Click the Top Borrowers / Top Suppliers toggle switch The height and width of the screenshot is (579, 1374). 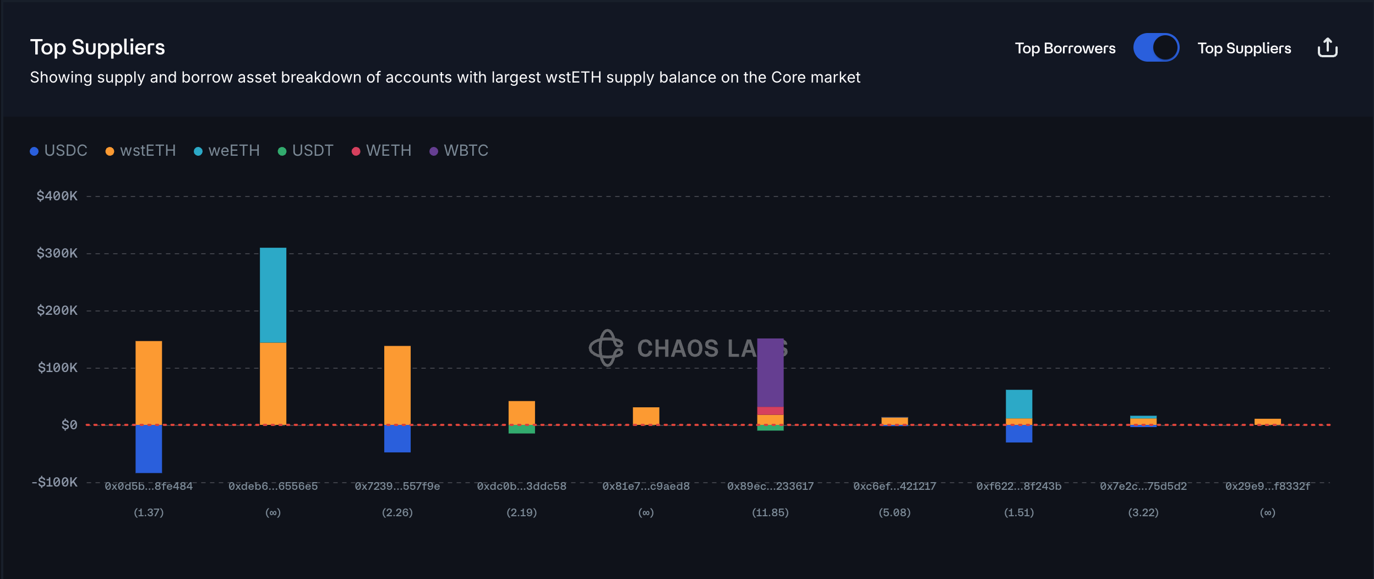coord(1155,48)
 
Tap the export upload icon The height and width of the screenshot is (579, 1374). coord(1327,48)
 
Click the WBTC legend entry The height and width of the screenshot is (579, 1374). coord(459,151)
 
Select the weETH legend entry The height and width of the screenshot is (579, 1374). coord(227,151)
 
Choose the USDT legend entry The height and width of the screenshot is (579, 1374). coord(306,151)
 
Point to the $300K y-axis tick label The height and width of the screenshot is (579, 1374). coord(57,253)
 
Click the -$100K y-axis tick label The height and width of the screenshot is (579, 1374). coord(54,482)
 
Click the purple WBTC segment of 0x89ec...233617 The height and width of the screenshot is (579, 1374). coord(770,372)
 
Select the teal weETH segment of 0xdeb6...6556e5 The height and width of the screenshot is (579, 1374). coord(273,295)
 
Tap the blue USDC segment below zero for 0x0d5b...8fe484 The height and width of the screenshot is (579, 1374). coord(149,449)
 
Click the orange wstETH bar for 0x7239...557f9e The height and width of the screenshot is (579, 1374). coord(397,385)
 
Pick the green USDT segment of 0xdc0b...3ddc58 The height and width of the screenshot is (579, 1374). coord(522,429)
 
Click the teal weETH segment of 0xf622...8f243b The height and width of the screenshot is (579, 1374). coord(1019,404)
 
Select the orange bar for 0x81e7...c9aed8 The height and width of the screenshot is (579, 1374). coord(646,416)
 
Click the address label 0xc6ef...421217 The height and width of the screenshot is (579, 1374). coord(895,486)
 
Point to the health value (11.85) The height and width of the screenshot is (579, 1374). coord(770,512)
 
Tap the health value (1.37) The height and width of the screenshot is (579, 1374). coord(149,512)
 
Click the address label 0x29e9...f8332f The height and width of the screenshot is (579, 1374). coord(1267,486)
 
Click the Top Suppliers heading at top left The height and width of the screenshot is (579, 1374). coord(97,47)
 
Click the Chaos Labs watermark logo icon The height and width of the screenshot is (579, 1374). coord(606,348)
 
